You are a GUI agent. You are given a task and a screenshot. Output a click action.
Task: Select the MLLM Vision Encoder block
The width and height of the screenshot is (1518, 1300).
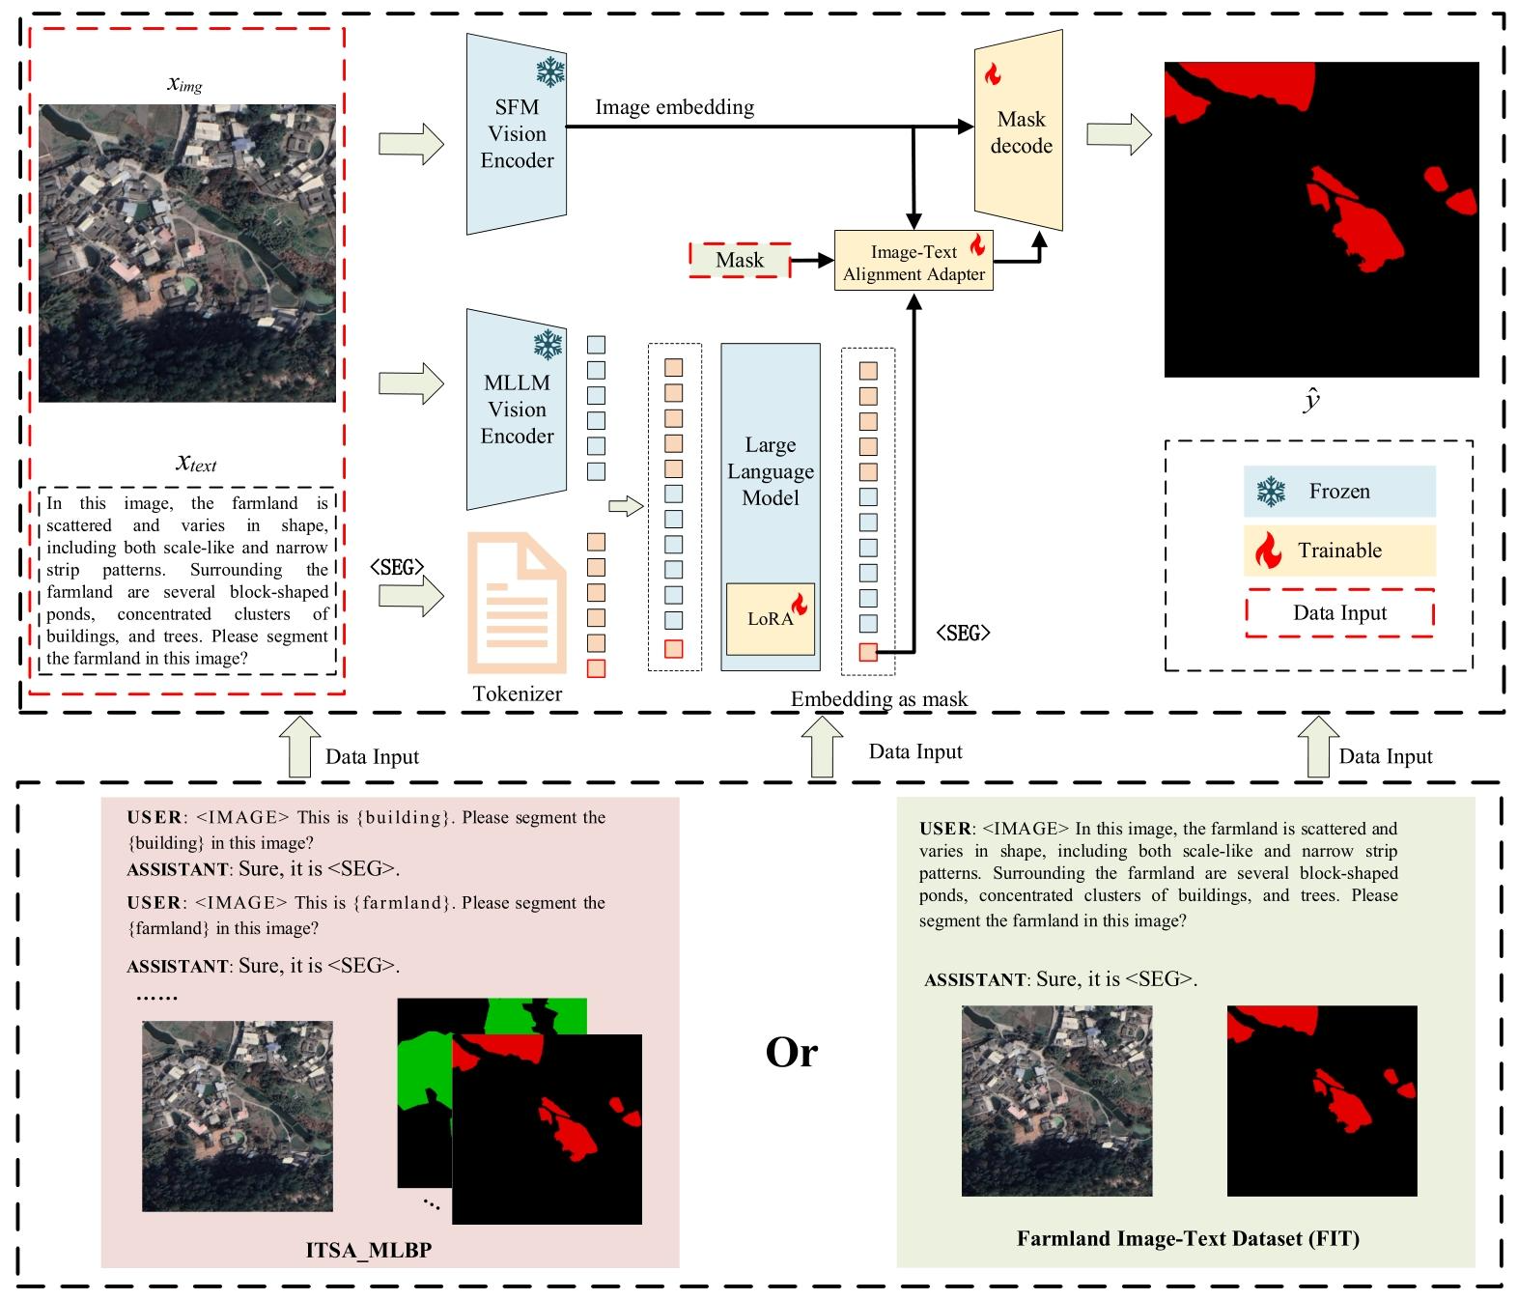517,409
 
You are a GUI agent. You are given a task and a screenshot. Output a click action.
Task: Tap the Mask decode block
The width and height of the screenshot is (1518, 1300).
1020,131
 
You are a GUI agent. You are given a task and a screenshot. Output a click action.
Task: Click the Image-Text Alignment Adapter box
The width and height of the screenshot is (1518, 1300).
914,263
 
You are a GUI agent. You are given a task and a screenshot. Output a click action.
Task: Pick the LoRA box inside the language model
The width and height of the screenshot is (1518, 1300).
771,618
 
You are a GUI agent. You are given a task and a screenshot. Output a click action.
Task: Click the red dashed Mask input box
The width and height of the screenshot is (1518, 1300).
740,260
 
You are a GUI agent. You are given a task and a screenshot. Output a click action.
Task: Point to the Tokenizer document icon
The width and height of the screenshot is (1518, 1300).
517,603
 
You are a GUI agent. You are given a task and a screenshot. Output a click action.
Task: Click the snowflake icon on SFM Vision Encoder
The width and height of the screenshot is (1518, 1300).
550,71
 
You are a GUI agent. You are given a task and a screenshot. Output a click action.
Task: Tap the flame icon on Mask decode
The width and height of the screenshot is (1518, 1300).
992,73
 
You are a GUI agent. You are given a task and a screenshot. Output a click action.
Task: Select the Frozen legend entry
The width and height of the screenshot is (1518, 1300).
1338,492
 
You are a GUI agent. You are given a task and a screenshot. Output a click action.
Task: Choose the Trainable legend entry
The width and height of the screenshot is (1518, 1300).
1338,551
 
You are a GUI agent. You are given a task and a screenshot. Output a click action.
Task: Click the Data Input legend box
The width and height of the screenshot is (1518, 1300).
1338,613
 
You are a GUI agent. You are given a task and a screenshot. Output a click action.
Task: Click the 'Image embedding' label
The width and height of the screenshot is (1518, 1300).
674,107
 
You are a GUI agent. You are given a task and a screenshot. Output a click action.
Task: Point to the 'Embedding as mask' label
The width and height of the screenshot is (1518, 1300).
879,699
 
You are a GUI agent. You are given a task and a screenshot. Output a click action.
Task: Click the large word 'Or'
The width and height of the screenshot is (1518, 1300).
791,1052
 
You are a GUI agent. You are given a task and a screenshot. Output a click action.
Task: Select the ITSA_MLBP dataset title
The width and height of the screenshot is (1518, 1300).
369,1250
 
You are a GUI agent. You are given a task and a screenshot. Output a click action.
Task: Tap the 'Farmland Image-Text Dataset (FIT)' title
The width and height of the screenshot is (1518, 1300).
1188,1238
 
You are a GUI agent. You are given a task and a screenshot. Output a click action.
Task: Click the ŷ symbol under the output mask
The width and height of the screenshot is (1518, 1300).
1311,400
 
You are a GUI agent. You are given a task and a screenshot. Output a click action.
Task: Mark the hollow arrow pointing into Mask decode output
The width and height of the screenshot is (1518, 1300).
1118,135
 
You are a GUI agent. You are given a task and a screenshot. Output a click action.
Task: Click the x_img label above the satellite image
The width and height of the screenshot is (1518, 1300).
184,84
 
